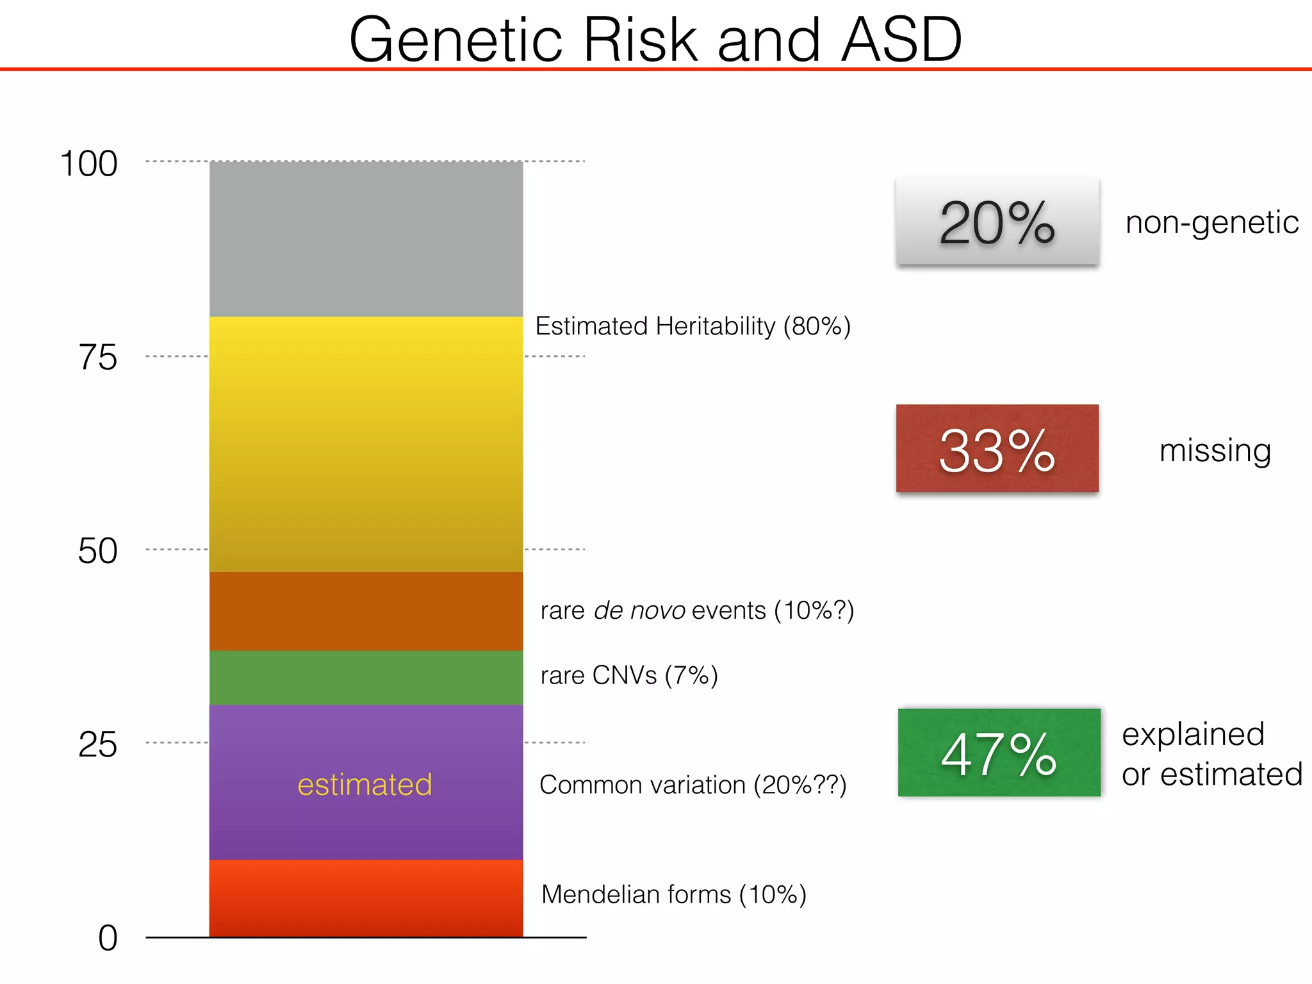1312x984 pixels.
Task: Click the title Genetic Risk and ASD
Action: (655, 40)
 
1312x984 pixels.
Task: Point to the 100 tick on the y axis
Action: (88, 163)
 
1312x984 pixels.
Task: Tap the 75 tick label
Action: (98, 357)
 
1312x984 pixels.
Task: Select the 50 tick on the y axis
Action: (98, 551)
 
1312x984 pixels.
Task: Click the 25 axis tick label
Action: (98, 744)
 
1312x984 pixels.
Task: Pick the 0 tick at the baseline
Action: (108, 938)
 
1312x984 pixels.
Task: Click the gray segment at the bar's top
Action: (366, 239)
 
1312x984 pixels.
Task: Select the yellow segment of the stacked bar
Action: (366, 444)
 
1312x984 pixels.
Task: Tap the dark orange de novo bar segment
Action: (366, 611)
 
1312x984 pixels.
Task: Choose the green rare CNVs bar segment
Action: (366, 678)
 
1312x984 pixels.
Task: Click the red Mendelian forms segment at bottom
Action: (366, 898)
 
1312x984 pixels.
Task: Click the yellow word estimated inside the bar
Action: (365, 784)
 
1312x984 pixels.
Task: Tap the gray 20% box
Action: (997, 222)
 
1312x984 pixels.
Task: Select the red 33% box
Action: (997, 448)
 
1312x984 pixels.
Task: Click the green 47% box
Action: (999, 753)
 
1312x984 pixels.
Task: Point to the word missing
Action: (1215, 450)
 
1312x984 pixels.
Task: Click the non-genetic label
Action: (1212, 222)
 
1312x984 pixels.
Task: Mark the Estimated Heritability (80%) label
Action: (693, 326)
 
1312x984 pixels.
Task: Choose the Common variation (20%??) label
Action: (693, 785)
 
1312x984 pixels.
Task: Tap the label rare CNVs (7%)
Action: (628, 675)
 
